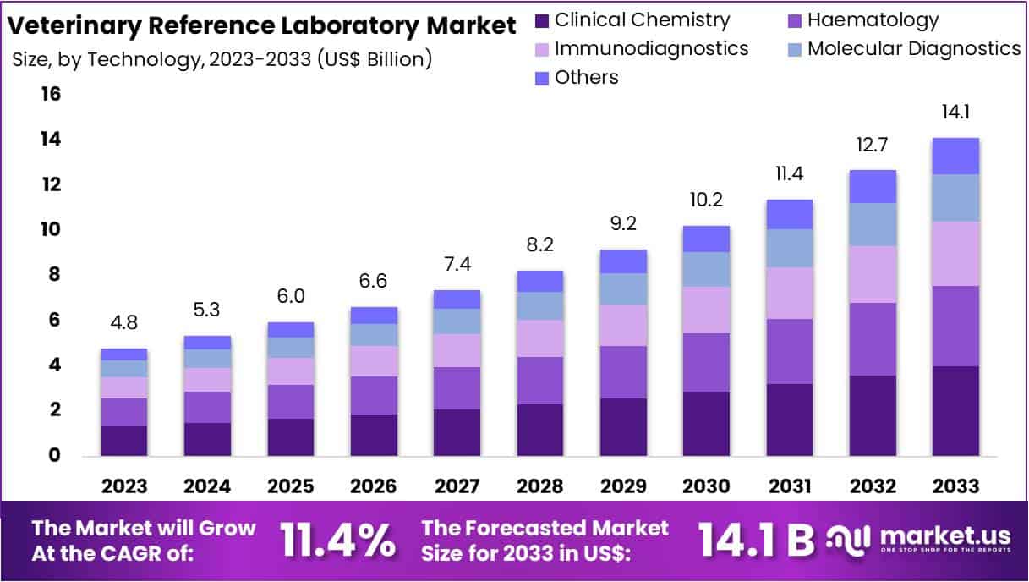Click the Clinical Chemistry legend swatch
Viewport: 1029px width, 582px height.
542,20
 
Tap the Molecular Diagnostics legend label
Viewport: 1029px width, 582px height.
914,48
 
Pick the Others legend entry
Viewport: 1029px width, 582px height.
586,77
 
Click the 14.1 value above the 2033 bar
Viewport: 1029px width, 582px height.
956,113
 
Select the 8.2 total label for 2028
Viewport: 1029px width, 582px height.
539,246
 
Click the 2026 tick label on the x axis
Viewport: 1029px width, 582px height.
374,486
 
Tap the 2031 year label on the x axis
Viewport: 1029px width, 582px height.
789,486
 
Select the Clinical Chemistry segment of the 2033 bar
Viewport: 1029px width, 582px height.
956,411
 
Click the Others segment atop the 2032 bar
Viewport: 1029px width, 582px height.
873,186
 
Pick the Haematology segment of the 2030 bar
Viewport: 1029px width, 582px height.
706,362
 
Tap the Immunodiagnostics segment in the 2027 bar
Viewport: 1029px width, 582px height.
457,350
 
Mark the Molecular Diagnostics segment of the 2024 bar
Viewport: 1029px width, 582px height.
207,359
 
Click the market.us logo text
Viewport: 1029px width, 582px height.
944,535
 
